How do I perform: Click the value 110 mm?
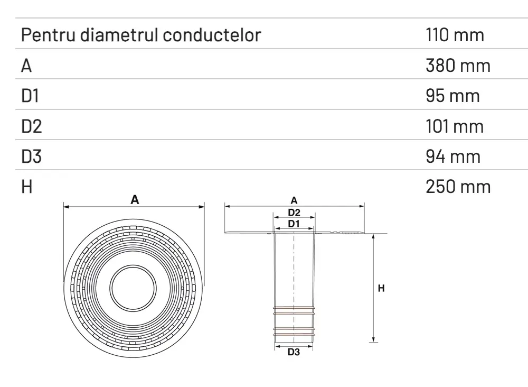[x=455, y=35]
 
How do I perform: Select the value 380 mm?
[x=458, y=66]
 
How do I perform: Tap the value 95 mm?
[x=452, y=96]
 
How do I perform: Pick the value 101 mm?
[x=454, y=126]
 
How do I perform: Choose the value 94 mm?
[x=453, y=156]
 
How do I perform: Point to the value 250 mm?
[x=458, y=186]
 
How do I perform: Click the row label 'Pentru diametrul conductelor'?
[x=141, y=35]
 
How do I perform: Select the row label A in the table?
[x=27, y=66]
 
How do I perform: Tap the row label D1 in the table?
[x=31, y=96]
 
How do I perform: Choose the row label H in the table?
[x=27, y=186]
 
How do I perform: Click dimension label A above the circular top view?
[x=135, y=199]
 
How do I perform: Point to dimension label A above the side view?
[x=294, y=200]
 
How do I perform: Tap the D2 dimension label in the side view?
[x=294, y=213]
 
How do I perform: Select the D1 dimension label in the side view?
[x=294, y=224]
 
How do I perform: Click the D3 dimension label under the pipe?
[x=294, y=353]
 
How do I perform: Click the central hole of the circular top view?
[x=133, y=288]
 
